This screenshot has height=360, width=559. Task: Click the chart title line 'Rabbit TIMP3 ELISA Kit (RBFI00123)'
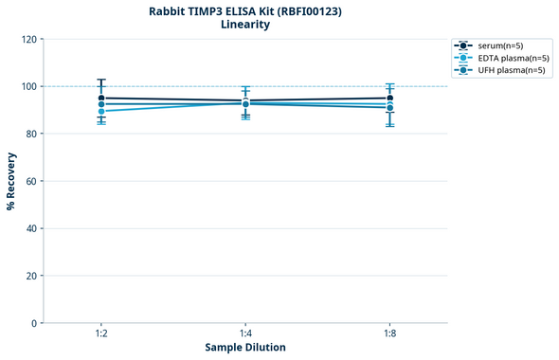(245, 10)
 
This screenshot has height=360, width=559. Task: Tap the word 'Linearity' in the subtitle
(245, 25)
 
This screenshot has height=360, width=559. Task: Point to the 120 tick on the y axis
(28, 40)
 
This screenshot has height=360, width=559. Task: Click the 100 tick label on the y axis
(28, 87)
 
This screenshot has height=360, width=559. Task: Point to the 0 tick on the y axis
(34, 323)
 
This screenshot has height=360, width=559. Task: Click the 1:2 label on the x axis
(101, 333)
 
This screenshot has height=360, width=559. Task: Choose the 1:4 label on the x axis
(245, 333)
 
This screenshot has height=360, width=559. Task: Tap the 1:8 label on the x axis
(389, 333)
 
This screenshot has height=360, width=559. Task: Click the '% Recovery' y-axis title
(11, 181)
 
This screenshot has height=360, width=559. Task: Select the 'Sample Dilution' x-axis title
(245, 348)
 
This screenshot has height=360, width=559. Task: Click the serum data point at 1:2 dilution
(101, 98)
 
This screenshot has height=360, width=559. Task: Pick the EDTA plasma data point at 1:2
(101, 111)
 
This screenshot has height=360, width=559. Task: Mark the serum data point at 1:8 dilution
(389, 98)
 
